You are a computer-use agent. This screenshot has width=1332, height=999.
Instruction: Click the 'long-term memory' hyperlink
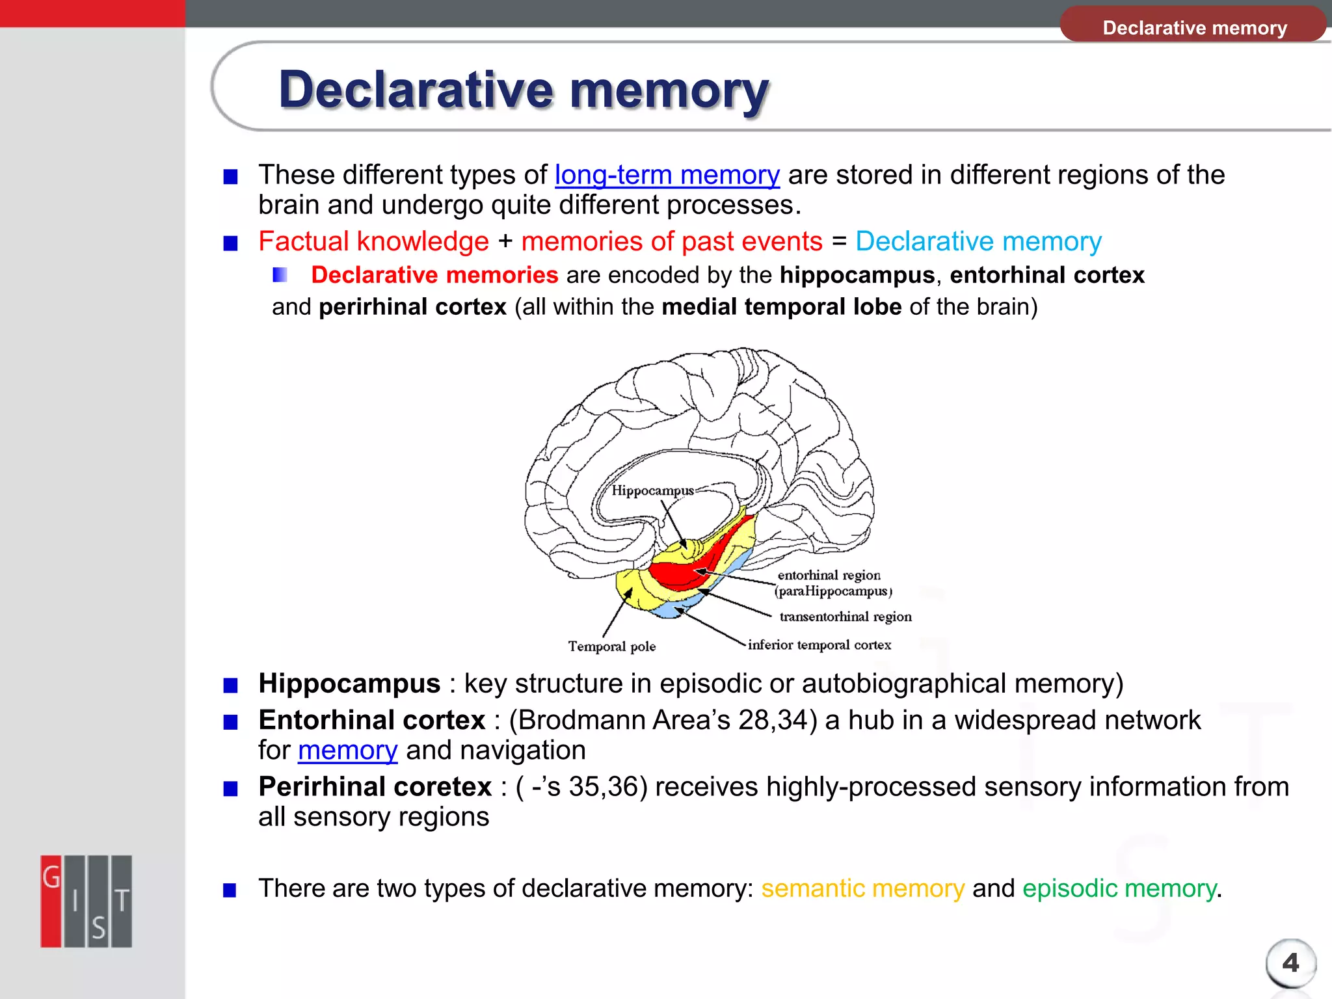click(667, 176)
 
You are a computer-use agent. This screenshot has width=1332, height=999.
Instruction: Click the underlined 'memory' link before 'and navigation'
click(347, 751)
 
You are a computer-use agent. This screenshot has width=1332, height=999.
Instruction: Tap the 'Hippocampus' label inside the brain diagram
click(652, 491)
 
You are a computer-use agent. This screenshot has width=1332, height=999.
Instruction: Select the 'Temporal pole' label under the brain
click(611, 646)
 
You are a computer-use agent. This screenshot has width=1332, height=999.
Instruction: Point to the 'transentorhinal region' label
click(845, 617)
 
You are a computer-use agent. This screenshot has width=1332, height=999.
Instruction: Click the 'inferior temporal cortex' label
click(819, 645)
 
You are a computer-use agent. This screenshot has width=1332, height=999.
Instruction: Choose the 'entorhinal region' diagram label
click(829, 576)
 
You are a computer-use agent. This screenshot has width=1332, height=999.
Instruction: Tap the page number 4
click(1290, 963)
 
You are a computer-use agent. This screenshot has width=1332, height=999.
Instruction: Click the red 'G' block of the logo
click(51, 901)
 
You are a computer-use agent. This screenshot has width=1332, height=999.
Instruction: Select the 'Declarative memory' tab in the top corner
click(1194, 27)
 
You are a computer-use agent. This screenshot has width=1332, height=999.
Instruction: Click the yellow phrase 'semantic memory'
click(862, 888)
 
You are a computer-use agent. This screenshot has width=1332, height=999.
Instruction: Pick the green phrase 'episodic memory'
click(1119, 888)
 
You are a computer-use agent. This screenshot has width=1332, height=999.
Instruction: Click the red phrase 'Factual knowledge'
click(373, 242)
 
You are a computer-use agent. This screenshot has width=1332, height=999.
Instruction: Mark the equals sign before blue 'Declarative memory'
click(839, 241)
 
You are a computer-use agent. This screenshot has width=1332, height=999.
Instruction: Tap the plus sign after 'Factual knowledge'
click(505, 242)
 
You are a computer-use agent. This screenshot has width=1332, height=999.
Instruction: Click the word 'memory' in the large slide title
click(669, 90)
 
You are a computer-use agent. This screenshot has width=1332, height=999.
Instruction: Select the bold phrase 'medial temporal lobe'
click(781, 307)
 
